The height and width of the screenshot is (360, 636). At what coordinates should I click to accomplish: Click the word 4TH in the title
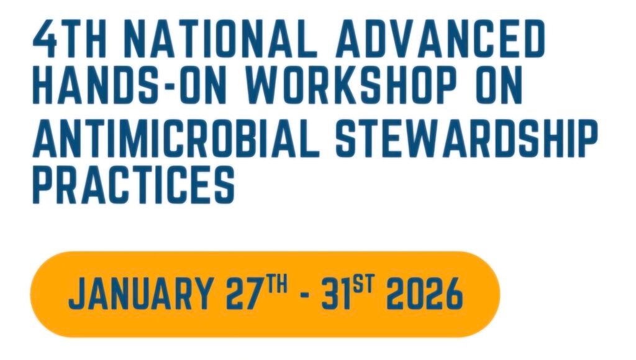(70, 39)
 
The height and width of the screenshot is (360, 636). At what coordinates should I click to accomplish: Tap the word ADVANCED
(440, 39)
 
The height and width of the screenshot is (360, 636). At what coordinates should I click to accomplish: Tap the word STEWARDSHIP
(467, 138)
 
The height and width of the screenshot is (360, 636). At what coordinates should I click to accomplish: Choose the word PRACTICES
(134, 184)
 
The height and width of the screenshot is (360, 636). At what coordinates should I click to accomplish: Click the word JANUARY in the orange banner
(140, 293)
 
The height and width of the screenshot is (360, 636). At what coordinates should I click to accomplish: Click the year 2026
(424, 293)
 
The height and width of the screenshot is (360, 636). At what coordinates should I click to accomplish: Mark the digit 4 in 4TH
(45, 39)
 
